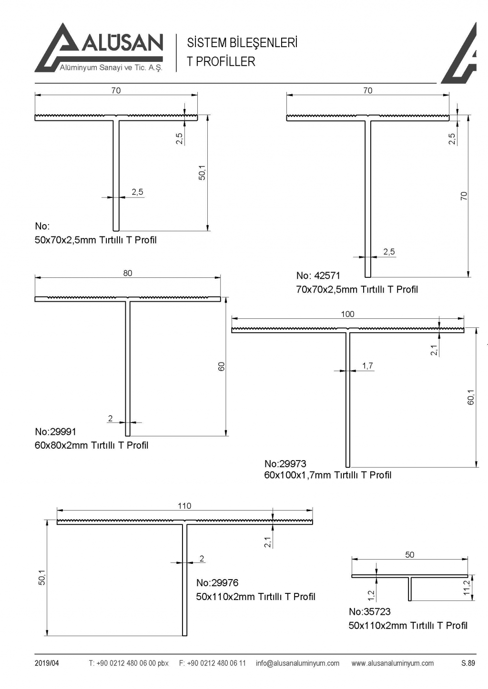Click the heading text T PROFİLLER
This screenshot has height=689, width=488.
coord(221,62)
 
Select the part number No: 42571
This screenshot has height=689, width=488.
coord(318,276)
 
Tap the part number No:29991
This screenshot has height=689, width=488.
coord(55,432)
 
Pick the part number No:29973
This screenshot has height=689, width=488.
coord(285,463)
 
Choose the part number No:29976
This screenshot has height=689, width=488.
coord(217,583)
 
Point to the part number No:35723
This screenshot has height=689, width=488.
coord(370,612)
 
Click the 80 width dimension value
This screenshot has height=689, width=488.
coord(128,273)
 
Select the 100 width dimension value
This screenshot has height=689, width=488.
coord(348,314)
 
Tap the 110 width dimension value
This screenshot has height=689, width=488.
coord(184,506)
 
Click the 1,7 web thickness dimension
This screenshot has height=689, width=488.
coord(367,366)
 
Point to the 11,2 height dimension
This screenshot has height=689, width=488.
coord(467,587)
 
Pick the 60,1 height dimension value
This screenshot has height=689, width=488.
coord(471,397)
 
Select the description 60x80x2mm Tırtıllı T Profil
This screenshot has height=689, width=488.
coord(91,445)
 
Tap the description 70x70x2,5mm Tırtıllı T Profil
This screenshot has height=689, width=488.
coord(357,289)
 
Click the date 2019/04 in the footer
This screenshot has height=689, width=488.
coord(47,663)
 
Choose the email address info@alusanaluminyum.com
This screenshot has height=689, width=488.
coord(297,663)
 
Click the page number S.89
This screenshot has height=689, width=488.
coord(468,663)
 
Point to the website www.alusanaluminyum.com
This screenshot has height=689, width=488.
coord(393,663)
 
